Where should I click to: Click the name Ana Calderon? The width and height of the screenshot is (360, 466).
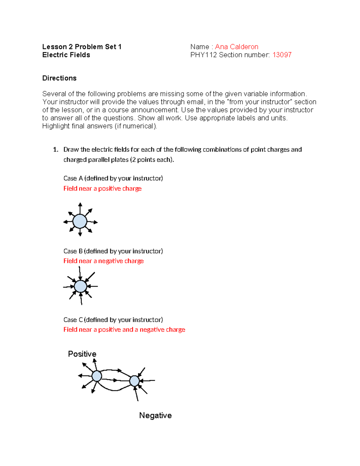pos(236,47)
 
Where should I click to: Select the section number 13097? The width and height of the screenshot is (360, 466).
pos(282,55)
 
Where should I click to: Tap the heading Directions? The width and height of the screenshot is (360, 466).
pos(59,78)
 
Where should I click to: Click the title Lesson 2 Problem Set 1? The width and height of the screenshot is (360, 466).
pos(82,47)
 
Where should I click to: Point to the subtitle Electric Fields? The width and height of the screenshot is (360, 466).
pos(66,55)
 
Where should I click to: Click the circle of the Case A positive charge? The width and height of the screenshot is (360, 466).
pos(80,221)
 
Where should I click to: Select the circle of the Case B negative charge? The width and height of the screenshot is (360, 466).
pos(80,286)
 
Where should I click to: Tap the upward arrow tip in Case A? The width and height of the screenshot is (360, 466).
pos(80,204)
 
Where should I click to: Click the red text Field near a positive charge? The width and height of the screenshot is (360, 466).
pos(102,188)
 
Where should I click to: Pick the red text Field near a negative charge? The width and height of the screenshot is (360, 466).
pos(103,261)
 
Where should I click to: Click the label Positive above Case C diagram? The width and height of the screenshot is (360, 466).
pos(82,354)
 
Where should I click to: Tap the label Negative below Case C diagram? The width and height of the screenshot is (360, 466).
pos(155,415)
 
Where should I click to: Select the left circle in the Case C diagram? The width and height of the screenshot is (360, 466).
pos(97,376)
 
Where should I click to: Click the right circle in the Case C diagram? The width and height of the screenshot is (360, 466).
pos(134,381)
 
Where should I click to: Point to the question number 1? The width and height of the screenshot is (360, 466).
pos(55,150)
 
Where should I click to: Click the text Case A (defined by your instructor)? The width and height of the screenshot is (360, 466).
pos(113,178)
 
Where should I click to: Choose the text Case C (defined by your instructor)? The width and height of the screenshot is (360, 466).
pos(113,320)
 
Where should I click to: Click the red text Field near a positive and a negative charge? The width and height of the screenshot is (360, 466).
pos(124,329)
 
